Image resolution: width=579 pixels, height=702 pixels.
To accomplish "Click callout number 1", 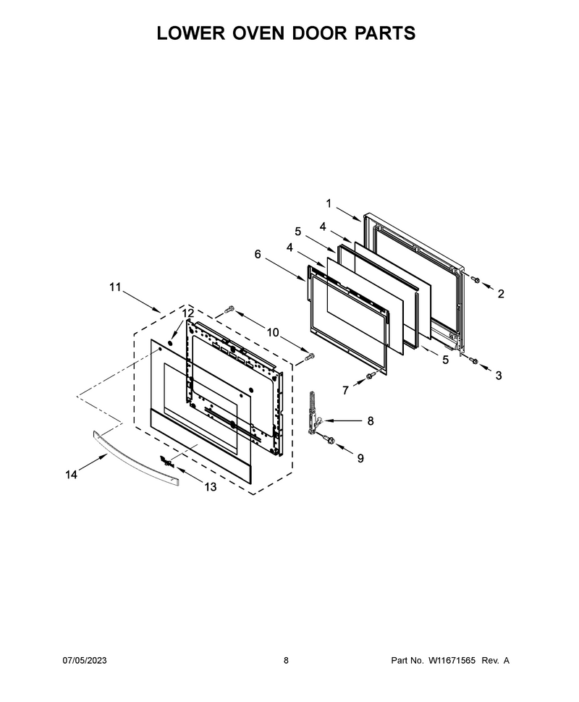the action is tap(329, 203).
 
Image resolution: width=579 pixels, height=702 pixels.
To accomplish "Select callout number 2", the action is tap(501, 294).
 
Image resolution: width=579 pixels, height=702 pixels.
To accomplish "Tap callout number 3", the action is tap(499, 376).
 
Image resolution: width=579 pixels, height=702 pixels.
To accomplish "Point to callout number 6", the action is tap(258, 254).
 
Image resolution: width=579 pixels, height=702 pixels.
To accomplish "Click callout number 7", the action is tap(345, 391).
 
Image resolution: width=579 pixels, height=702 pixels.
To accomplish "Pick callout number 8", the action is tap(371, 421).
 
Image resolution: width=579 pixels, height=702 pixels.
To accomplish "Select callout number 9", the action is tap(360, 458).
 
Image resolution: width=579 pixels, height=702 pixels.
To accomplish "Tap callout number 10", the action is tap(273, 332).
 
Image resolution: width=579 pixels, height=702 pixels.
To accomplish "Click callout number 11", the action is tap(116, 287).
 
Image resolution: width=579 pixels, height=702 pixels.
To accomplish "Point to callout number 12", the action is tap(188, 313).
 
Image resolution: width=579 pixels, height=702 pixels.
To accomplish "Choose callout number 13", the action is tap(211, 486).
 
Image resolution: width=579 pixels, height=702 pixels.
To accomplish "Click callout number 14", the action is tap(71, 475).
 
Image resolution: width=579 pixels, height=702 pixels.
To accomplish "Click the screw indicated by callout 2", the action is tap(476, 280).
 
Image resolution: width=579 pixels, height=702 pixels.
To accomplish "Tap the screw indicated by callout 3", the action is tap(474, 361).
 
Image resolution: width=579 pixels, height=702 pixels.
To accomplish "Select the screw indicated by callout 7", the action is tap(371, 376).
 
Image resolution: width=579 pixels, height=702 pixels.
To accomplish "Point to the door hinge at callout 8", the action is tap(314, 413).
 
